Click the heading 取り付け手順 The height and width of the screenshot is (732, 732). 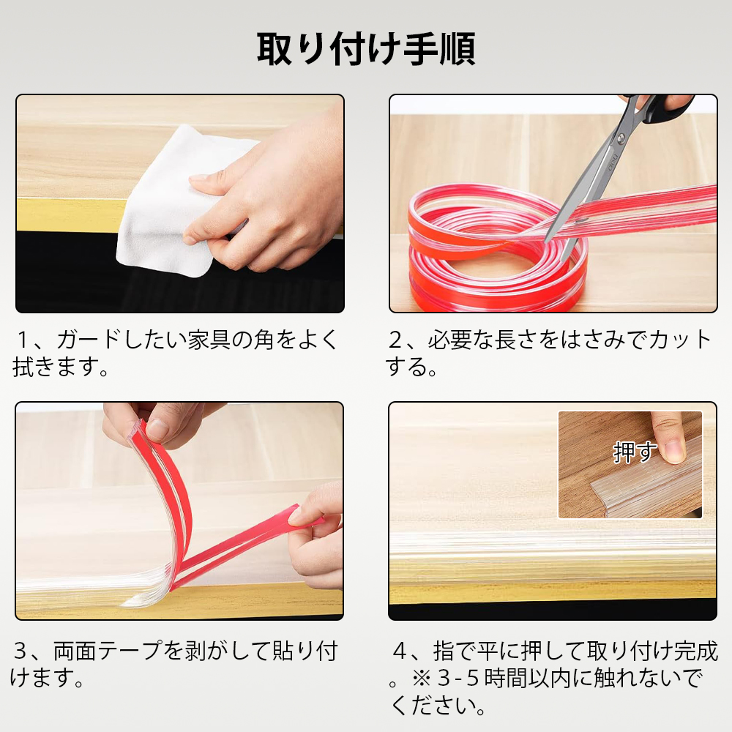[x=366, y=48]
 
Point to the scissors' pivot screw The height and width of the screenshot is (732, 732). [x=621, y=138]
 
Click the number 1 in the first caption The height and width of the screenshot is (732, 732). [x=23, y=340]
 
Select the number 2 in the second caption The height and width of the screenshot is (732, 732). [x=396, y=340]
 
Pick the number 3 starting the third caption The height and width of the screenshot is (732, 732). [x=20, y=651]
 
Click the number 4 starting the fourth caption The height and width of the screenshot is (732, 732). [x=400, y=651]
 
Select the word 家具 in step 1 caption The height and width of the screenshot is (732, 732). [x=209, y=340]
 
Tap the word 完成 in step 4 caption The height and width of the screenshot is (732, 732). [x=695, y=651]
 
